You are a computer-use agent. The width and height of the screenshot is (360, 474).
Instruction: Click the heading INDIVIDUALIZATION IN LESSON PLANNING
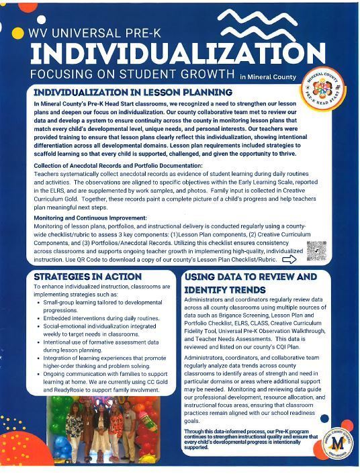pyautogui.click(x=132, y=92)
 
